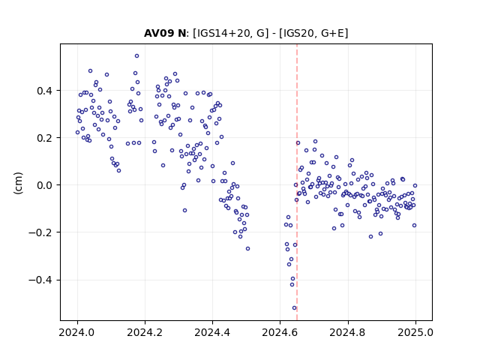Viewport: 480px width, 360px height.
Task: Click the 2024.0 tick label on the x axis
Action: click(x=77, y=332)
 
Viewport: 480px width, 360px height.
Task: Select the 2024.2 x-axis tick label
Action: click(x=145, y=332)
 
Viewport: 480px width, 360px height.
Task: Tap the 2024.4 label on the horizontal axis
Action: click(x=212, y=332)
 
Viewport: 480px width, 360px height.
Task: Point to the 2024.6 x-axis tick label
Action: click(x=280, y=332)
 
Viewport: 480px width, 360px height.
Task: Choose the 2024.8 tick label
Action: click(x=348, y=332)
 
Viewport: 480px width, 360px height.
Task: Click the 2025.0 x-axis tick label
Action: click(x=415, y=332)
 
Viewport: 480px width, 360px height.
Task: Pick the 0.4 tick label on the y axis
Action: click(x=46, y=91)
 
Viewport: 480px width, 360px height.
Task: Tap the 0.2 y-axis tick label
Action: click(x=46, y=138)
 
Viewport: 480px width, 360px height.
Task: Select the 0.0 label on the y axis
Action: click(x=46, y=185)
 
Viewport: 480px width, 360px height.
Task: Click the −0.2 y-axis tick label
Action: click(x=42, y=232)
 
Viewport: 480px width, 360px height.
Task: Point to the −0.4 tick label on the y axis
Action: click(x=42, y=280)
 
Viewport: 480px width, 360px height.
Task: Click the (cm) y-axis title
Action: click(x=18, y=183)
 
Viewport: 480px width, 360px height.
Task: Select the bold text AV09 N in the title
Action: click(x=165, y=33)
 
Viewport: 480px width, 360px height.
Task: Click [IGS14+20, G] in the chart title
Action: click(x=230, y=33)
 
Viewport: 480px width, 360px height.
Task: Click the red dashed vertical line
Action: click(x=297, y=182)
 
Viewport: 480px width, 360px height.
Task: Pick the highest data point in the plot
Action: click(x=136, y=55)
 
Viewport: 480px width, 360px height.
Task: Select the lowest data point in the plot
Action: click(x=295, y=308)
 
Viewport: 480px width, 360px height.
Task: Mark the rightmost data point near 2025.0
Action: click(x=415, y=185)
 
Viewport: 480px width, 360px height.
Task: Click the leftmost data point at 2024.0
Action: click(x=77, y=132)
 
